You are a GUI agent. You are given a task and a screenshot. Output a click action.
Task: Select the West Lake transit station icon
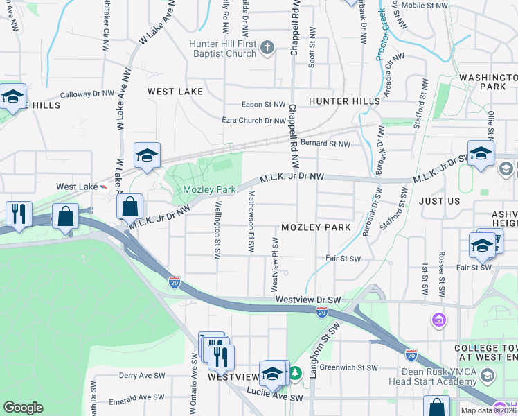click(x=104, y=187)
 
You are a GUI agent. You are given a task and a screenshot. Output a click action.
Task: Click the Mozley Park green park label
click(x=210, y=189)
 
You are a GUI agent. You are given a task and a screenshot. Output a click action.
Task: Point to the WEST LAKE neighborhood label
click(x=175, y=92)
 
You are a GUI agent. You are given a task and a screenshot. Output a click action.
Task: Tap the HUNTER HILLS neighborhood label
click(x=345, y=101)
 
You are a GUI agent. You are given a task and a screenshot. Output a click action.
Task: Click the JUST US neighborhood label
click(x=439, y=201)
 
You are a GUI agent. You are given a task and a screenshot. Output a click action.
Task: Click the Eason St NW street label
click(x=263, y=105)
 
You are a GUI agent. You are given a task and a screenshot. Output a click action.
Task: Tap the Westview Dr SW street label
click(x=308, y=300)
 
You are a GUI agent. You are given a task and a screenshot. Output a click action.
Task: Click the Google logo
click(x=23, y=408)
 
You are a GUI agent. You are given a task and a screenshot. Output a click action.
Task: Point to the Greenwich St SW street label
click(x=354, y=368)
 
